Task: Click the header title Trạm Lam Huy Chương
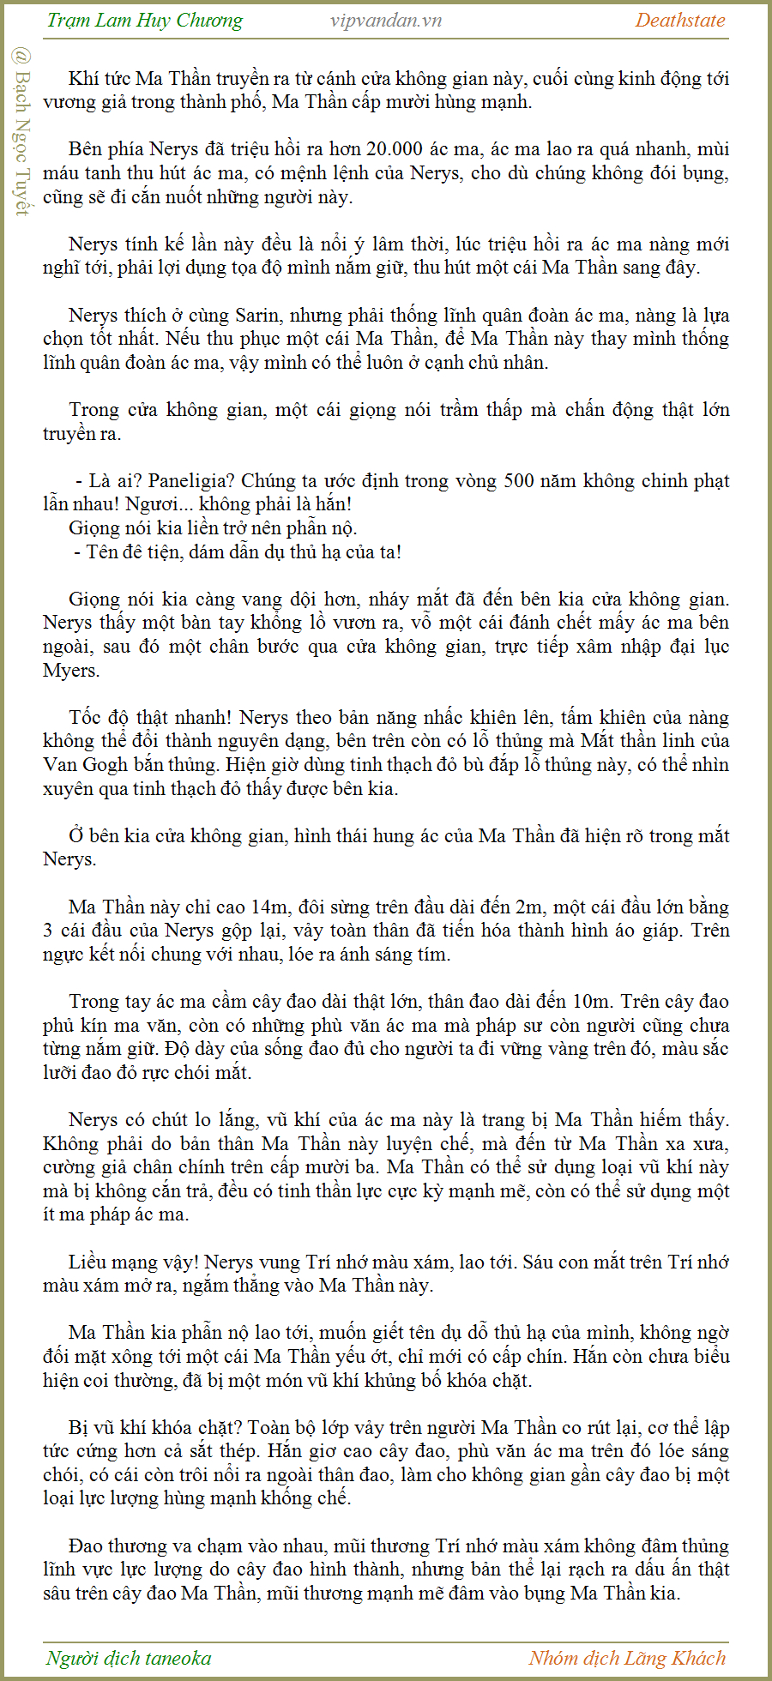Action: click(144, 21)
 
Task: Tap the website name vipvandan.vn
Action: click(386, 21)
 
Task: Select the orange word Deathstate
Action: click(679, 21)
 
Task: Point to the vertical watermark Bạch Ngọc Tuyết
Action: click(21, 133)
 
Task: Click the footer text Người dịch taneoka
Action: click(129, 1658)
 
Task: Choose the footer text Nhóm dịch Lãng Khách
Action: click(627, 1658)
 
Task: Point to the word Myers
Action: click(71, 670)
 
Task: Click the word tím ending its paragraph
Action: click(434, 954)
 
